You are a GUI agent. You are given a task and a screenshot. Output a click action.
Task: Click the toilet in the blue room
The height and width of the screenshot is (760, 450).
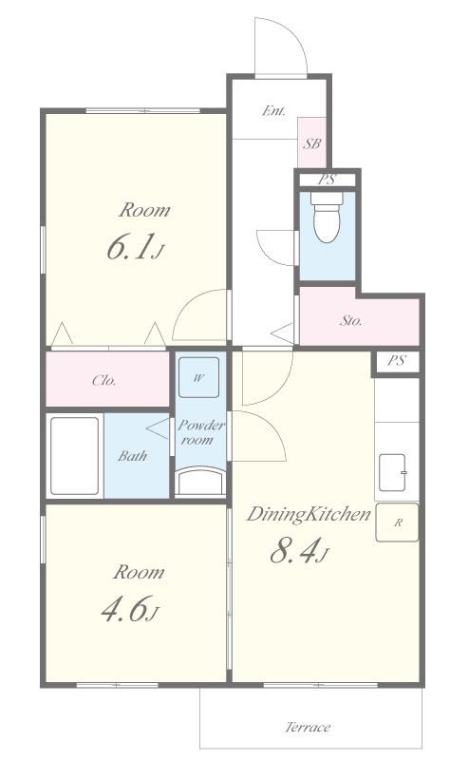(328, 218)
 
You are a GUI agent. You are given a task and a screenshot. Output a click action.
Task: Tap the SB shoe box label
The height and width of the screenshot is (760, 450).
(312, 144)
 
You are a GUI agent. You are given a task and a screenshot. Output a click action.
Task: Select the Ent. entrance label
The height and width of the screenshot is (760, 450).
(273, 111)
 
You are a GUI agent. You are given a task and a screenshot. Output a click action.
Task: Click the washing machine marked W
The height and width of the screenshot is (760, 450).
(198, 378)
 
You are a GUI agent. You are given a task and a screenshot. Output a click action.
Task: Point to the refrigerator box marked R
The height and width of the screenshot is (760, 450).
(397, 522)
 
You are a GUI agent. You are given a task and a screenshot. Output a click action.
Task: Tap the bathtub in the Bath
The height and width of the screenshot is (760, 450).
(75, 456)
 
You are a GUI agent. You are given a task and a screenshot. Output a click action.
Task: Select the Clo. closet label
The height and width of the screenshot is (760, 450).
(104, 381)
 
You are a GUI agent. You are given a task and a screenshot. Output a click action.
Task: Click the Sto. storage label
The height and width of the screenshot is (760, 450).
(350, 320)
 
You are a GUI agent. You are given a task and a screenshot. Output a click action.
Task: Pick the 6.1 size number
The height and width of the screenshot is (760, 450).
(131, 247)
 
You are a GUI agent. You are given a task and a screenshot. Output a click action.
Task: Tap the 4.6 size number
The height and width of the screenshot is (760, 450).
(124, 609)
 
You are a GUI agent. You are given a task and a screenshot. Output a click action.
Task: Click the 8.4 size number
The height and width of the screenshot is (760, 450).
(294, 551)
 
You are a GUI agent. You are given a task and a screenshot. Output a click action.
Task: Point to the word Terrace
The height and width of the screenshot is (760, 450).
(309, 727)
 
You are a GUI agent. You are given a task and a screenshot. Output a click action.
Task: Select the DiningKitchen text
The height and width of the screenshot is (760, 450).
(309, 514)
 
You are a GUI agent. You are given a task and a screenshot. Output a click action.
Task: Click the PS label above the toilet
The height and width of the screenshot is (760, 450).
(327, 180)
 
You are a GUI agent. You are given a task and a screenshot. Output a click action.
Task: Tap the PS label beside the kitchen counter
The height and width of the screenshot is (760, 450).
(396, 361)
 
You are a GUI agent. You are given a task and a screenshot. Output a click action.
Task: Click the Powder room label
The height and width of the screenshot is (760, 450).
(200, 432)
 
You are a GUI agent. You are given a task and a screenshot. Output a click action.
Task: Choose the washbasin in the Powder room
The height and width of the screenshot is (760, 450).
(200, 481)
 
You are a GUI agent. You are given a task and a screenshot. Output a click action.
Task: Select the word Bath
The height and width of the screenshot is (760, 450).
(132, 456)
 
